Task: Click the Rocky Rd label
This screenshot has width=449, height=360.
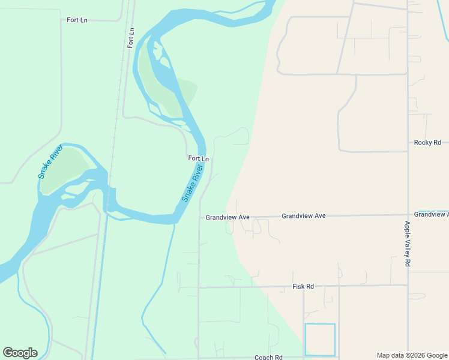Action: tap(427, 142)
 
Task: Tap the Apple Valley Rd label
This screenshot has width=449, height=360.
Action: tap(407, 244)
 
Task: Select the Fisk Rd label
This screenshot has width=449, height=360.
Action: tap(303, 287)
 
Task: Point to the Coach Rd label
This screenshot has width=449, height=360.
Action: tap(268, 358)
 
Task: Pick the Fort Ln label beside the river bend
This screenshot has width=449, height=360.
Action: tap(198, 158)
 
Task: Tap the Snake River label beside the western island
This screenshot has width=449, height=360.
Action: tap(50, 161)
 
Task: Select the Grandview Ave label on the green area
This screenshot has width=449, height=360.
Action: tap(227, 217)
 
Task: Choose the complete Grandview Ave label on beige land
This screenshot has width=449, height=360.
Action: tap(303, 215)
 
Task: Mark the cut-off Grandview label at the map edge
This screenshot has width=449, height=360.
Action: tap(431, 214)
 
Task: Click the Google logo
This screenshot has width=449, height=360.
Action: tap(20, 353)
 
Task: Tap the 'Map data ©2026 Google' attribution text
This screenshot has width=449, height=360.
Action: tap(412, 355)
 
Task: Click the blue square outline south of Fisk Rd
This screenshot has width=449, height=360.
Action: tap(320, 340)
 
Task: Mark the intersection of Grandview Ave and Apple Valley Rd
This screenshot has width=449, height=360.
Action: tap(408, 214)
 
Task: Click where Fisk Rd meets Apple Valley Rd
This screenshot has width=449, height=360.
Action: tap(408, 285)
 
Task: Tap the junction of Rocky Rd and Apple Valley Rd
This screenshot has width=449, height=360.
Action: tap(408, 151)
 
